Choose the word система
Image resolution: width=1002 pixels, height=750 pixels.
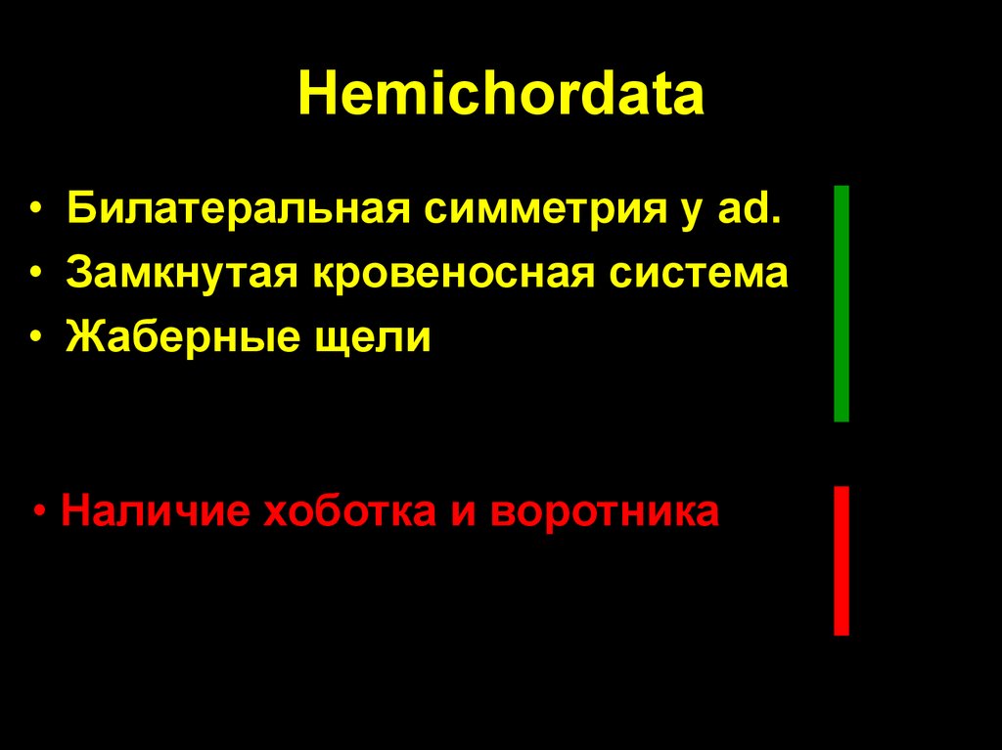699,274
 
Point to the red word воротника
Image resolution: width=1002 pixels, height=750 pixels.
605,511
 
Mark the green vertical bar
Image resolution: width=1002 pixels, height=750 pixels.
841,303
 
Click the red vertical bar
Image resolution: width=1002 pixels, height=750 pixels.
841,560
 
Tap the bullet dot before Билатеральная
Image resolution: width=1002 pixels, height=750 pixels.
37,211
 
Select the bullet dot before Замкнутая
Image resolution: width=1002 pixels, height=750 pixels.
37,276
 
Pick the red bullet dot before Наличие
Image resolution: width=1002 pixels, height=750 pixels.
39,513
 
